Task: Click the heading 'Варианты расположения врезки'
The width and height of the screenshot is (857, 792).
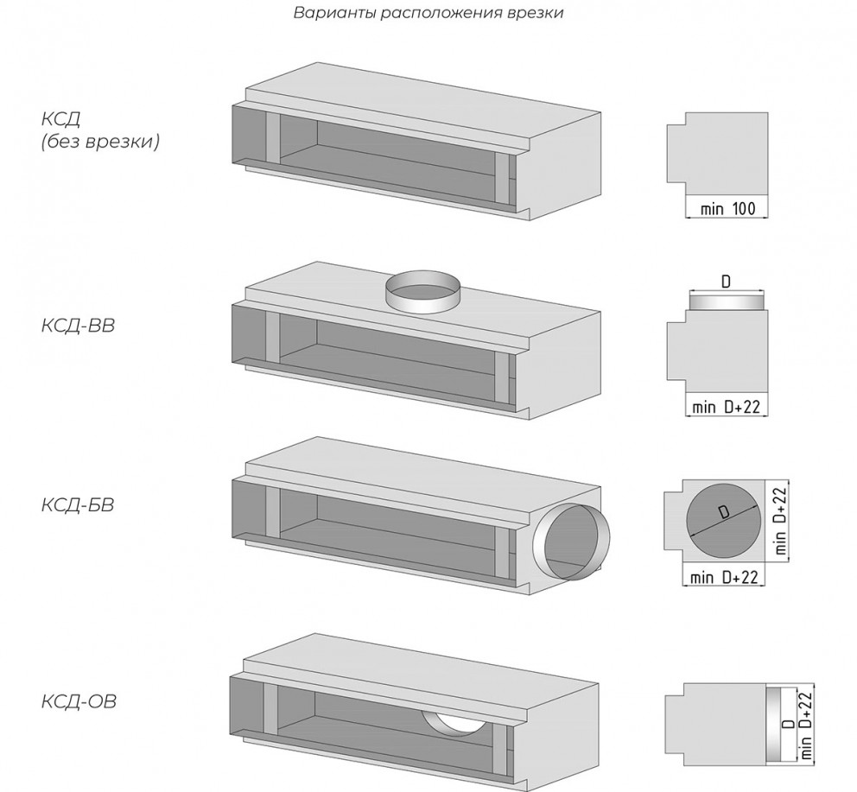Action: click(428, 13)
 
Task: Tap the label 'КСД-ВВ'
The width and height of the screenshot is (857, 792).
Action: click(78, 326)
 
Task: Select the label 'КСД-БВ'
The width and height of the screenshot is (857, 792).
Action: click(78, 504)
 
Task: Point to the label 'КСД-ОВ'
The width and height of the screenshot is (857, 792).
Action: click(79, 701)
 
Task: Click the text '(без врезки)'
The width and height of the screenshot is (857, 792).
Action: click(100, 142)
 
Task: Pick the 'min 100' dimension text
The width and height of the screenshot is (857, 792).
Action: click(727, 208)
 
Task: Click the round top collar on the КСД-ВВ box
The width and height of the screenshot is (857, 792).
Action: click(422, 292)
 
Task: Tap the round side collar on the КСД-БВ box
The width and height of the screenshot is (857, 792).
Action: click(571, 542)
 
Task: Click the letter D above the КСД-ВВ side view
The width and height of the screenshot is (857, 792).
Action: click(726, 282)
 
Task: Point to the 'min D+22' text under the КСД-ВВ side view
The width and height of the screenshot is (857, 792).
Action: click(727, 407)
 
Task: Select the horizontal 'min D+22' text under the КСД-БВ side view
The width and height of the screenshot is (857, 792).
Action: click(724, 577)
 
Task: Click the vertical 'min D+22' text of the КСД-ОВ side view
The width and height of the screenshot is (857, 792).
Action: click(807, 725)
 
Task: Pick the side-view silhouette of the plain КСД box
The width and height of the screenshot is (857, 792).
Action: click(717, 154)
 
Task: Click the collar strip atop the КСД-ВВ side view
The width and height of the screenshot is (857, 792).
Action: click(727, 302)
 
